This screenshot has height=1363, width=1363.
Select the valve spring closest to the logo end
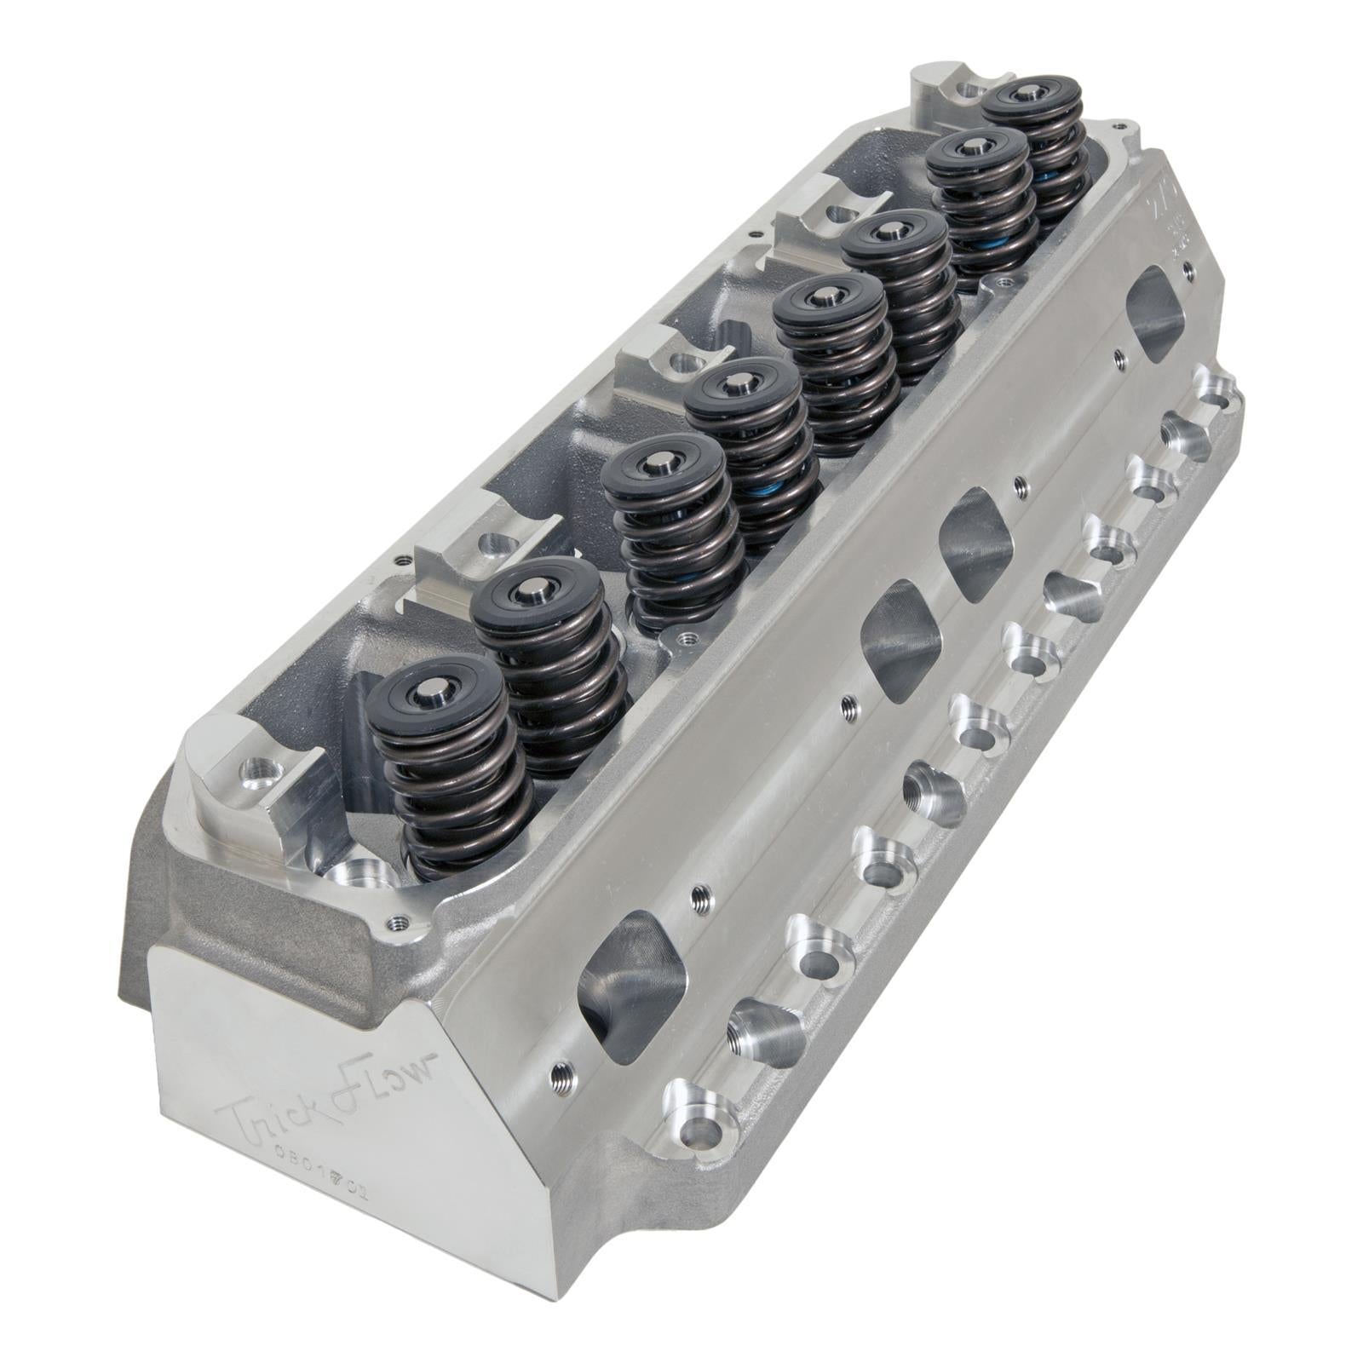tap(443, 767)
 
